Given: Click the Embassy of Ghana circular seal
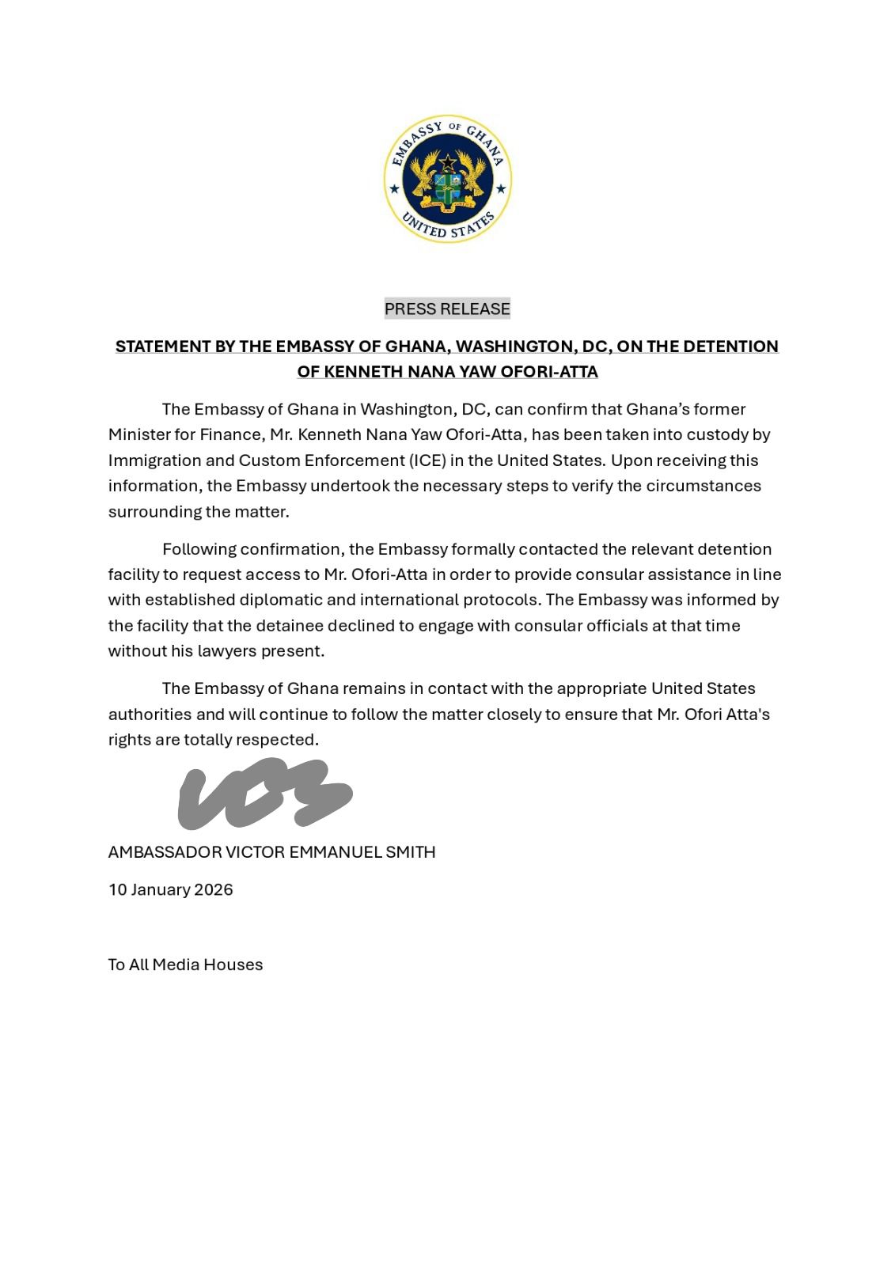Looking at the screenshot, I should [x=448, y=178].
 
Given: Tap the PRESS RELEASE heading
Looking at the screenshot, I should [x=447, y=309].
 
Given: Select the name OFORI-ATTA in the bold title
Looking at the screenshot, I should [x=549, y=372].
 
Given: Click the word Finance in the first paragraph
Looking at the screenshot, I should [x=233, y=435].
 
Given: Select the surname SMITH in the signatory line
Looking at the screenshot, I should [x=410, y=852].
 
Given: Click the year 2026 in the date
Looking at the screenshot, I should [x=214, y=890].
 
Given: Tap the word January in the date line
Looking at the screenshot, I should [x=161, y=890].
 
